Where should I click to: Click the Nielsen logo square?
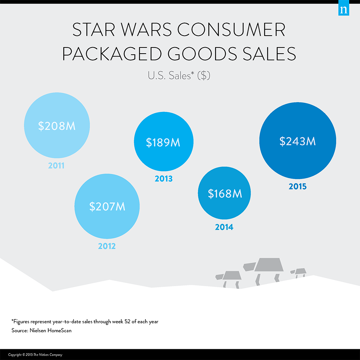coord(344,8)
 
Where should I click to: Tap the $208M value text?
coord(57,126)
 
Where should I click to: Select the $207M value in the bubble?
coord(107,206)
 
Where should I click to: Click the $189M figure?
coord(163,142)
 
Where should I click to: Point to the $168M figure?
coord(225,194)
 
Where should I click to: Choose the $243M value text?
coord(298,141)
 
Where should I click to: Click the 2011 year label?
coord(56,166)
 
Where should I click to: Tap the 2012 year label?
coord(107,246)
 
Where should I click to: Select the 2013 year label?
coord(163,179)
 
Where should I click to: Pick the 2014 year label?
coord(224,227)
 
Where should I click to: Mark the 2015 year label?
coord(298,186)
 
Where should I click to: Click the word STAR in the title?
coord(94,30)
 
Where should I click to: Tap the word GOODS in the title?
coord(202,54)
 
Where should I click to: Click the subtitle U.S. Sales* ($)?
coord(179,76)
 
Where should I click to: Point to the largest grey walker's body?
coord(269,265)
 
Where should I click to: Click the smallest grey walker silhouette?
coord(298,273)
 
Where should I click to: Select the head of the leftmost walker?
coord(219,276)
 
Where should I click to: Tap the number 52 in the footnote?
coord(127,321)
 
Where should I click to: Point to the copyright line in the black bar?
coord(35,355)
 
